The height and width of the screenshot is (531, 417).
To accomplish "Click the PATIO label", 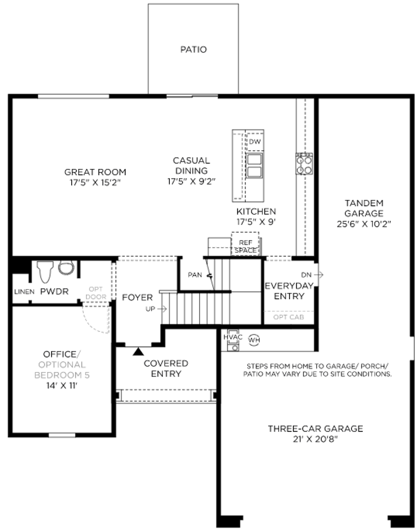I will [193, 50].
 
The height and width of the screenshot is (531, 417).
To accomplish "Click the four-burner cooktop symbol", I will [304, 164].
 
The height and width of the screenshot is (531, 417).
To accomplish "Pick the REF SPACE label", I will [246, 247].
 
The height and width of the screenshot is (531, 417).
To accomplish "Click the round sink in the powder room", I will [66, 267].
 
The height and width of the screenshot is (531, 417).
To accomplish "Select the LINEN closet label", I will [24, 292].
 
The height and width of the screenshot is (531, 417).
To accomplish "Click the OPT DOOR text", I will [96, 293].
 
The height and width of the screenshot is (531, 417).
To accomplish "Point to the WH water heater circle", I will [254, 339].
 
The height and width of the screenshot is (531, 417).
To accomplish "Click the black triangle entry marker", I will [137, 351].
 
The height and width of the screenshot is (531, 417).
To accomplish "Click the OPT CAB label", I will [288, 317].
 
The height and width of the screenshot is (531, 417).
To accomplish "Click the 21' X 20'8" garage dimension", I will [315, 439].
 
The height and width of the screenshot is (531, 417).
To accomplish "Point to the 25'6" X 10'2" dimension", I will [364, 224].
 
